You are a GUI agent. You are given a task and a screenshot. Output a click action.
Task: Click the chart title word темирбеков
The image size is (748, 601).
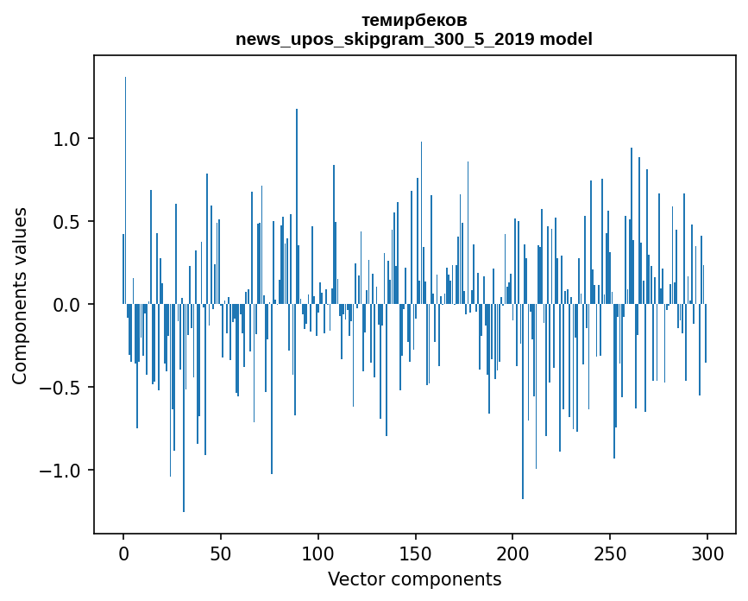pos(414,20)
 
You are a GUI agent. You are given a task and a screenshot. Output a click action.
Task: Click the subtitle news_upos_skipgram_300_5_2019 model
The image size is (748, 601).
pos(414,39)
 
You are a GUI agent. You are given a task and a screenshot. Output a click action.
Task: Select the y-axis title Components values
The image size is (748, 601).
pos(20,295)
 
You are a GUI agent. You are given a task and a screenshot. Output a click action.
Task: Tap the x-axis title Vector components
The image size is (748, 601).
pos(414,579)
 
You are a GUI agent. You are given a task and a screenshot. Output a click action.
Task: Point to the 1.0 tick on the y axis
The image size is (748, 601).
pos(68,139)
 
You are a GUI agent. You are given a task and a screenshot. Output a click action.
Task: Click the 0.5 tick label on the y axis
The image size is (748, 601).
pos(68,222)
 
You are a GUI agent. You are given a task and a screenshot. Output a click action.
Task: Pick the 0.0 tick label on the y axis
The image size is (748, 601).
pos(68,305)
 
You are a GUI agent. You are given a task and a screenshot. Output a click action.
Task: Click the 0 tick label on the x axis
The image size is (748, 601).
pos(123,553)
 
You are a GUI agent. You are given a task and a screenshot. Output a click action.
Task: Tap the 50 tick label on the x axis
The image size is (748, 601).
pos(221,553)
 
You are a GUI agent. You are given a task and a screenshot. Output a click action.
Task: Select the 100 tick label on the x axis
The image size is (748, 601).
pos(318,553)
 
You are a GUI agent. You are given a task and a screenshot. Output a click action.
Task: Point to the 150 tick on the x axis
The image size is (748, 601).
pos(416,553)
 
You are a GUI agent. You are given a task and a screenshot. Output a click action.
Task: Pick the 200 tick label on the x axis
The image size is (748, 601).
pos(513,553)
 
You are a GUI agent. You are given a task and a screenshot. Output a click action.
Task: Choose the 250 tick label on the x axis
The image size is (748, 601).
pos(610,553)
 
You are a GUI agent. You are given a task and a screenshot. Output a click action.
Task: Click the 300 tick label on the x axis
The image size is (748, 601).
pos(707,553)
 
